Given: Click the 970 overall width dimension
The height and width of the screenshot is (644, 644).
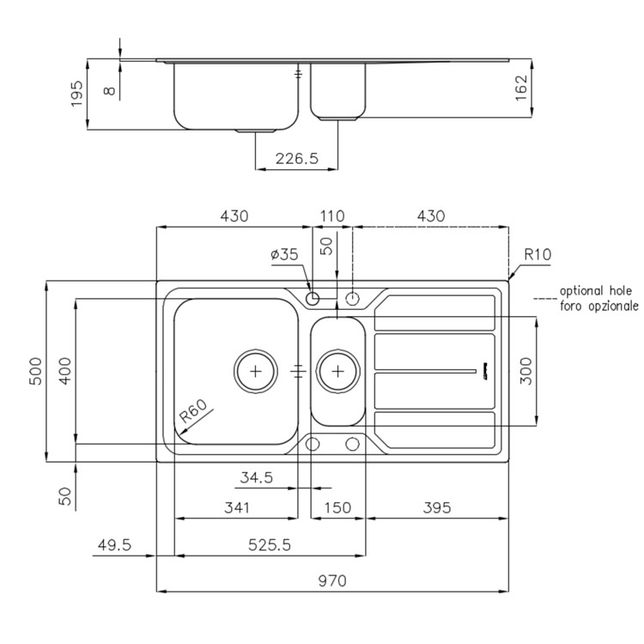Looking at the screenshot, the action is [x=332, y=580].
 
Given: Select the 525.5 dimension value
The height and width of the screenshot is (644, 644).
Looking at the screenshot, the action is [x=270, y=545].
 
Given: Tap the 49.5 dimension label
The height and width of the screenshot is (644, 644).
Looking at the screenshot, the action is [x=114, y=545].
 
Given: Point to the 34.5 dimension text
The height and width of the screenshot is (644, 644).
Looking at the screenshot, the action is [x=257, y=477].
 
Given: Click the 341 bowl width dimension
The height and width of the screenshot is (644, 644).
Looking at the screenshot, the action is [x=237, y=508].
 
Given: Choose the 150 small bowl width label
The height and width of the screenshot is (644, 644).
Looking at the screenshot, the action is [x=337, y=508].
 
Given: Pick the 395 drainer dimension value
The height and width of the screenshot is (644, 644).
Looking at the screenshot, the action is [x=437, y=508].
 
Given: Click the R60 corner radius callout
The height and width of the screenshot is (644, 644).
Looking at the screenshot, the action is [x=194, y=411].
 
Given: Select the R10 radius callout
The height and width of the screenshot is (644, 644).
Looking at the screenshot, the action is [x=538, y=255].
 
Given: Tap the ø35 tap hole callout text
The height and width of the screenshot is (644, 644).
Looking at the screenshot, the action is [x=284, y=255].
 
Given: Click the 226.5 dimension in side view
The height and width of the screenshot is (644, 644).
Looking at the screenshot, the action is [x=296, y=159].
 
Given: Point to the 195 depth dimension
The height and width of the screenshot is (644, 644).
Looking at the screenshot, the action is [x=76, y=94].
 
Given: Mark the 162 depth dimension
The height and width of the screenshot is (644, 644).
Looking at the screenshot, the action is [x=521, y=88].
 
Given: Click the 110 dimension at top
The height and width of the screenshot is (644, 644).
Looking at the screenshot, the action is [x=332, y=216].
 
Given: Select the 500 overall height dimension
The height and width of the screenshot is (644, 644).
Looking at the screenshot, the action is [x=37, y=371].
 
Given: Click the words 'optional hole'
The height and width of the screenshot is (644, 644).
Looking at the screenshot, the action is [x=596, y=291].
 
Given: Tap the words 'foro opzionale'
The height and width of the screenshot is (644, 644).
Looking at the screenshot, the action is [x=599, y=306].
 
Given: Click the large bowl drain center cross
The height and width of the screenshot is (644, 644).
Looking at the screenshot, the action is [x=256, y=372].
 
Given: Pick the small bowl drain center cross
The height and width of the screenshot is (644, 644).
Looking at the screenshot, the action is [x=337, y=372].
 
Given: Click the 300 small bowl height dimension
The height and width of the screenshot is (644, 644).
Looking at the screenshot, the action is [x=526, y=371].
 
